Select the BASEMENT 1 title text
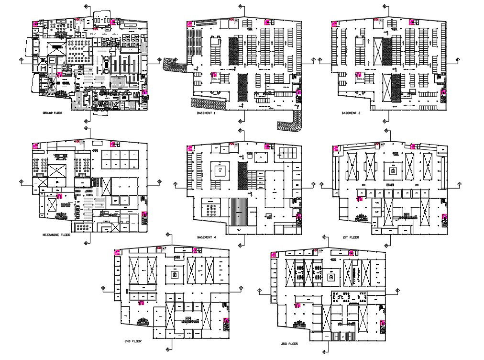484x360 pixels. click(207, 113)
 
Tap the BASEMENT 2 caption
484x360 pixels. click(351, 113)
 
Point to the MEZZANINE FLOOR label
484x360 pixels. click(56, 235)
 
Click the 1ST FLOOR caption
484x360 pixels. click(351, 237)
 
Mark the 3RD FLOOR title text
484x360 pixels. click(290, 344)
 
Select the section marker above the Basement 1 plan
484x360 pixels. click(241, 6)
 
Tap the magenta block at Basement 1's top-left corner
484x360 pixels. click(190, 22)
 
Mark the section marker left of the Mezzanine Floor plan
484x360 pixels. click(21, 181)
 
